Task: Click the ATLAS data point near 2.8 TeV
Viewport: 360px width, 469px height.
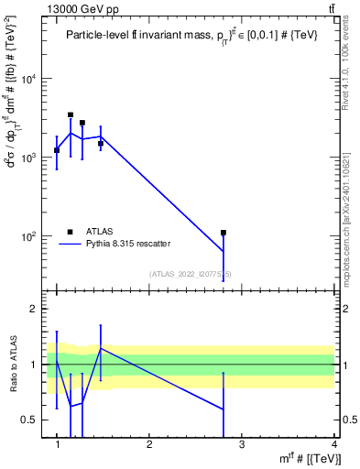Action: (223, 233)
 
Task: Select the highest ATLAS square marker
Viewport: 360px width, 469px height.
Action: (71, 115)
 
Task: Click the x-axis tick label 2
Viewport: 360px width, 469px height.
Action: (149, 444)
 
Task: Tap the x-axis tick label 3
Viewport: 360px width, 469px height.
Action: (241, 444)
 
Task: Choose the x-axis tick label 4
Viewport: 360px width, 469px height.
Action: (333, 444)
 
